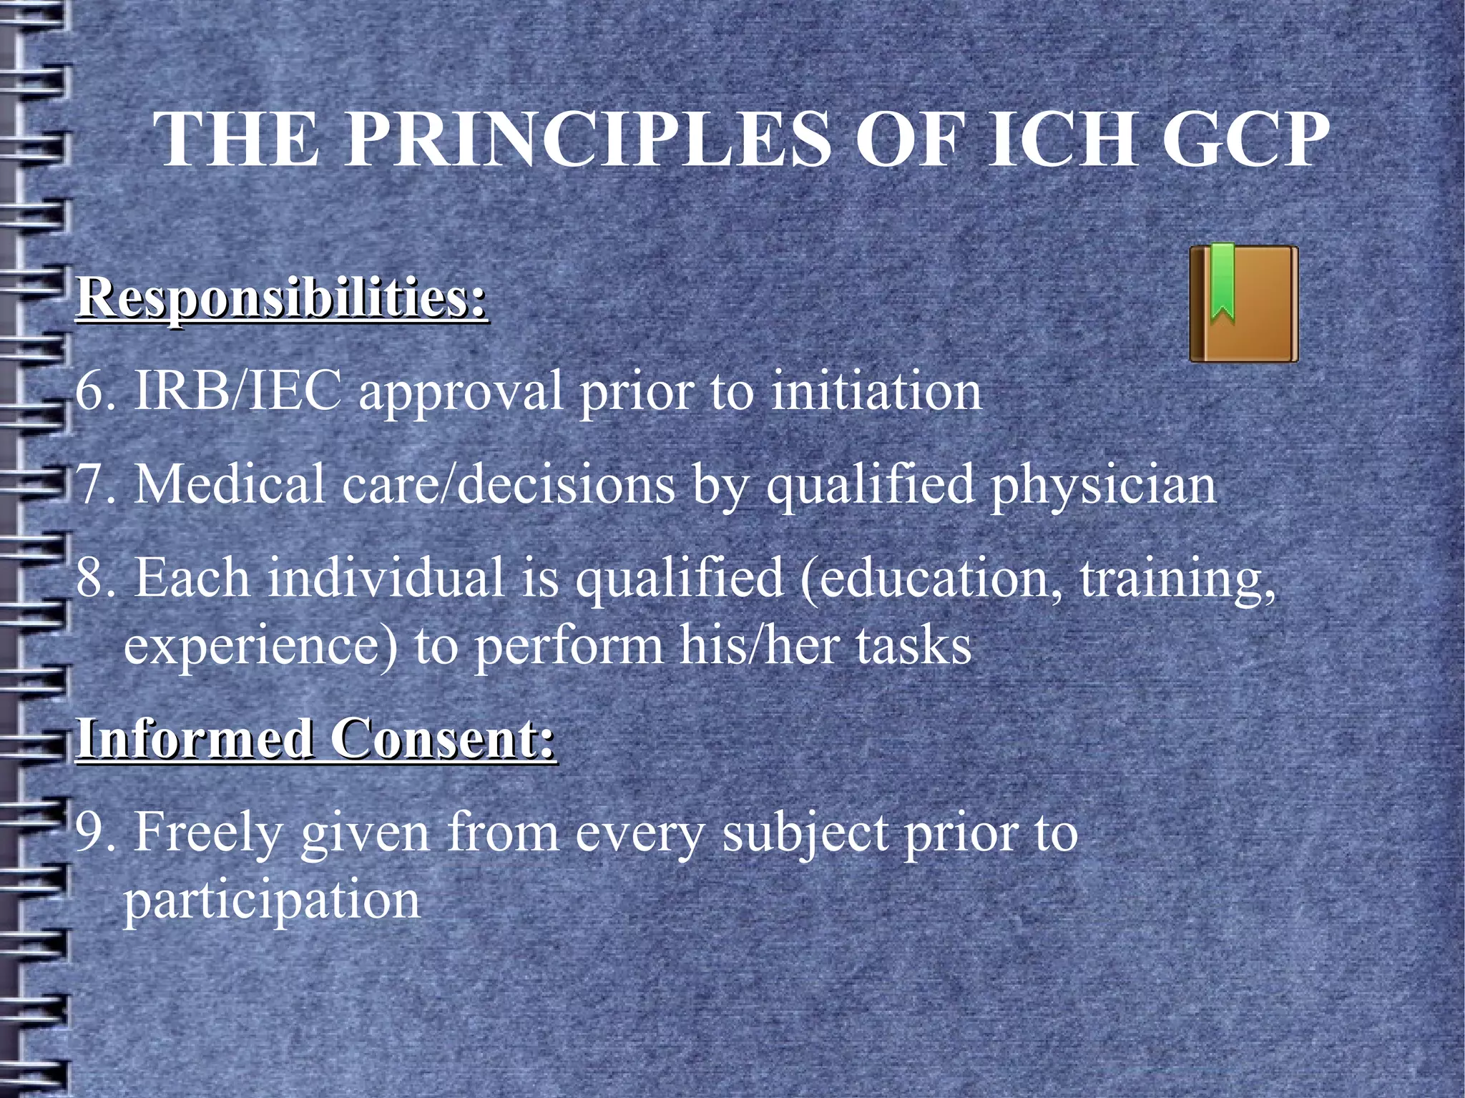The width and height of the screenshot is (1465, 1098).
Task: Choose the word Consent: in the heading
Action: click(x=443, y=738)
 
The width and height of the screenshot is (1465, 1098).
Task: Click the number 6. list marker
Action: click(x=96, y=392)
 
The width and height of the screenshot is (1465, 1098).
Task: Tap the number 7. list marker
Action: click(x=96, y=485)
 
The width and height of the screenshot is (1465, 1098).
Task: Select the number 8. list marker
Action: click(x=96, y=578)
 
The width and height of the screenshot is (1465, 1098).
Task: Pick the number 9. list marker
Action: click(x=96, y=833)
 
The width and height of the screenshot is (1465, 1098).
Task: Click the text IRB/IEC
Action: click(x=238, y=392)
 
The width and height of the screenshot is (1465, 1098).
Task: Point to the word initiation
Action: click(x=876, y=392)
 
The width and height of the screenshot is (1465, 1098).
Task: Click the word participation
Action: click(x=272, y=901)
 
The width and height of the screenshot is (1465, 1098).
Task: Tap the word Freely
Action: click(x=208, y=834)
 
